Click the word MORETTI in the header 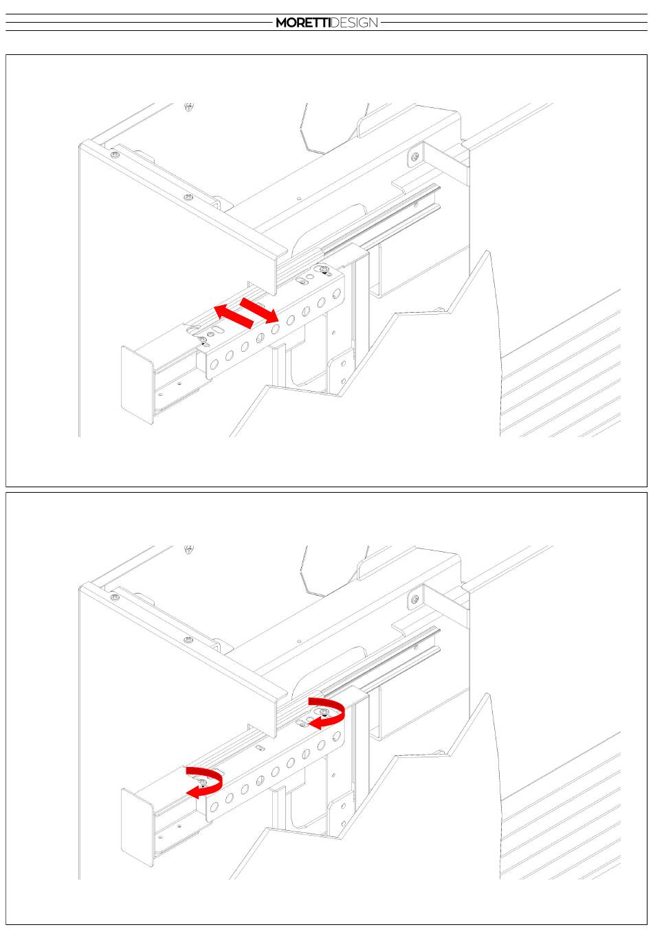(303, 23)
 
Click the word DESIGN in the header (354, 23)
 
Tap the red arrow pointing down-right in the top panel (259, 310)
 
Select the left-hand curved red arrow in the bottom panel (204, 783)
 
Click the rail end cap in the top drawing (137, 385)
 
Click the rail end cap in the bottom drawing (137, 827)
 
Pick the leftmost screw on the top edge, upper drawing (115, 155)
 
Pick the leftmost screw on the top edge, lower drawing (115, 597)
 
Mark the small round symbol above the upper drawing (189, 107)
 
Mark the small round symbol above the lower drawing (189, 549)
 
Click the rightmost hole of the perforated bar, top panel (337, 293)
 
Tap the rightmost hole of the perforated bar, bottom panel (337, 736)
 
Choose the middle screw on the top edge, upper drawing (188, 197)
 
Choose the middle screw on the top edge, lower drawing (188, 639)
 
